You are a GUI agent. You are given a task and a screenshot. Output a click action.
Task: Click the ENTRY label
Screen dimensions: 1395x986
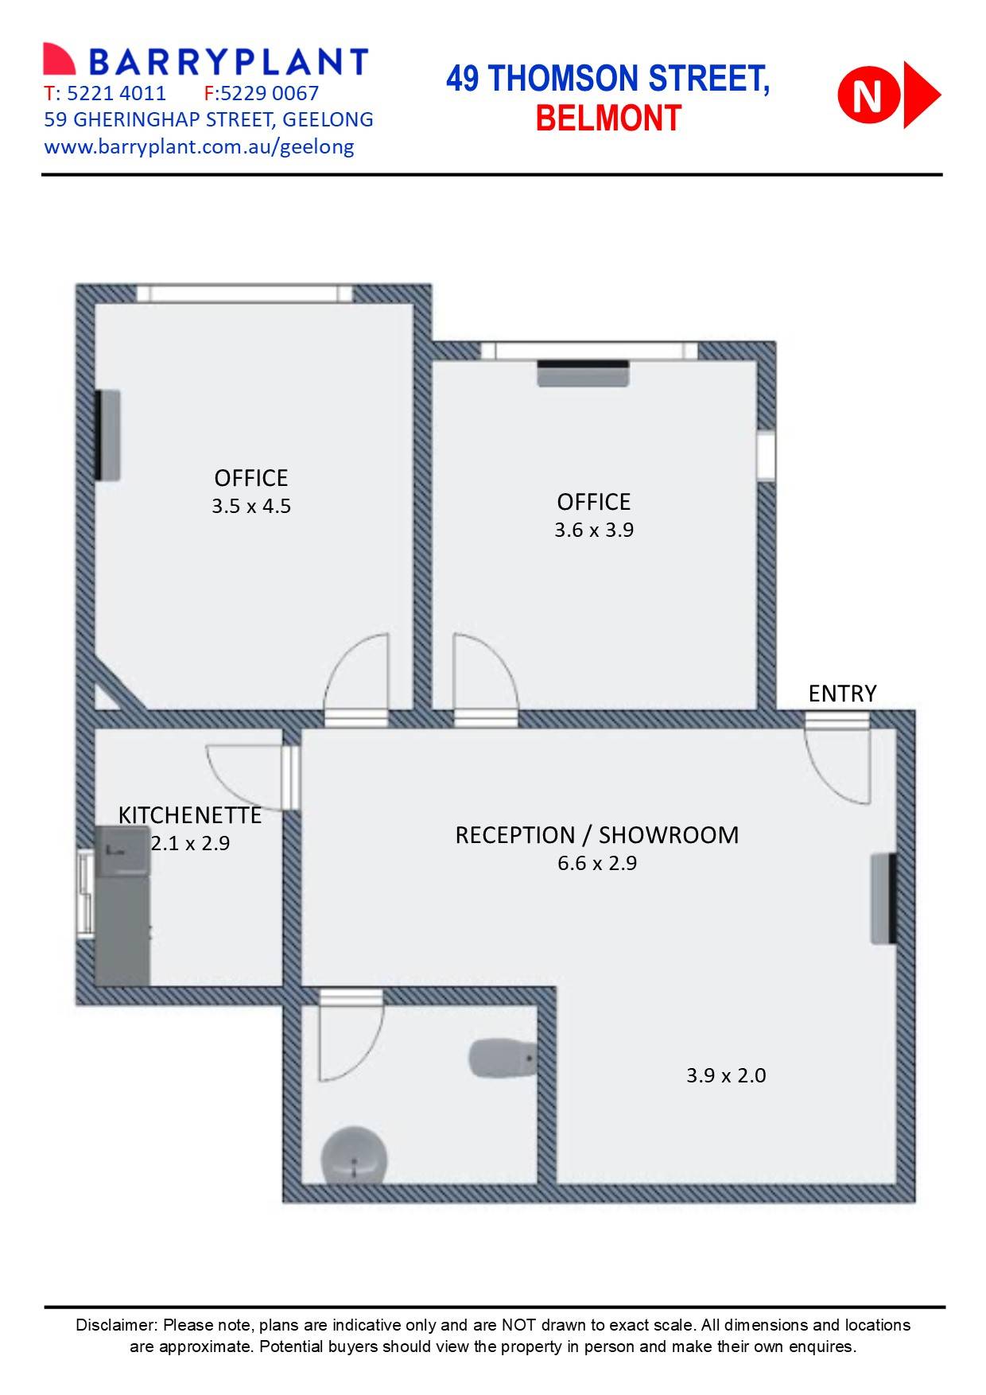(x=842, y=694)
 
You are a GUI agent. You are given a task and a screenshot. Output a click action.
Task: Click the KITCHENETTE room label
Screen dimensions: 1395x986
(x=189, y=815)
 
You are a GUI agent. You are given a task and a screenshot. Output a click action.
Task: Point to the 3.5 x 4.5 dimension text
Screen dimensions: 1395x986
(x=251, y=506)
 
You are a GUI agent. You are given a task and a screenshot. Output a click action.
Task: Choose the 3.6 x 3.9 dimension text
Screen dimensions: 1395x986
(x=594, y=530)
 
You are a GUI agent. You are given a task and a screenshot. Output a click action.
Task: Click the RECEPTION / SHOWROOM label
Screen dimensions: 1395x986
(x=596, y=835)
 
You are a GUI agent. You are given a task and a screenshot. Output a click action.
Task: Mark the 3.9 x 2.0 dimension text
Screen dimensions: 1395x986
(x=726, y=1075)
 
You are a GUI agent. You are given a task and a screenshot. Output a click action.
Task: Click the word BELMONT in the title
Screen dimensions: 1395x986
(x=608, y=119)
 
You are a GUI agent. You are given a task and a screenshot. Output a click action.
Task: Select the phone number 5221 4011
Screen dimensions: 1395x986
(x=116, y=94)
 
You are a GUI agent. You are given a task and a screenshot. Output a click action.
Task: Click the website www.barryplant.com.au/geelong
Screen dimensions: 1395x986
(x=199, y=146)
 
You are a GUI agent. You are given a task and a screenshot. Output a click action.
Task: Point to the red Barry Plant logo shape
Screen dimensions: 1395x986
(x=59, y=60)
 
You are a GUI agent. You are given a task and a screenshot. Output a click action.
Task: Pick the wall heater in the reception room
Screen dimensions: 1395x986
(x=883, y=899)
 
